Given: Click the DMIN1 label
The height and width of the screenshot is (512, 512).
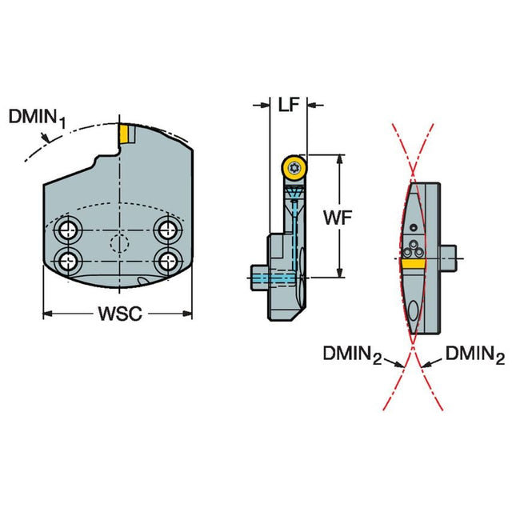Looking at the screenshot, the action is [38, 119].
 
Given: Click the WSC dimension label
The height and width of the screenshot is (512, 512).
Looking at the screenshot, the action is [121, 314].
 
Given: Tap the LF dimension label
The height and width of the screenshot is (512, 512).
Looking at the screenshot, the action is [289, 105].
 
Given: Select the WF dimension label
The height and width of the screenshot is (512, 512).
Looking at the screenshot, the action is [338, 218].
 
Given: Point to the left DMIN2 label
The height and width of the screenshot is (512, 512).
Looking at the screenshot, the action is [352, 354].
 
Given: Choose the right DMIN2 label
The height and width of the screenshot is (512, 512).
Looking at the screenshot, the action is [475, 354].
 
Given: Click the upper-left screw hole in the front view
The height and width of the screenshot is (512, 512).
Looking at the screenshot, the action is [68, 231].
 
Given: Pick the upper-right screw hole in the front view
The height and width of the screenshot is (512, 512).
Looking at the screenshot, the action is [168, 230].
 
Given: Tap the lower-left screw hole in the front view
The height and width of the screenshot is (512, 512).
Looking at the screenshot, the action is [68, 262].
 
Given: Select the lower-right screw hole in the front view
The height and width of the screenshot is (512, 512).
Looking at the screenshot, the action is [168, 262].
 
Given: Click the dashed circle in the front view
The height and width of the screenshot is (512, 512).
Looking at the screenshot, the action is [119, 243].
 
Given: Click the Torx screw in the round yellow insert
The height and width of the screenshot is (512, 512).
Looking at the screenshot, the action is [294, 168].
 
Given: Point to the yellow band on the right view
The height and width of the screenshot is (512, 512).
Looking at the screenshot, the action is [414, 263].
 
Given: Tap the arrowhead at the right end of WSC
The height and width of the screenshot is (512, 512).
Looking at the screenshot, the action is [187, 314].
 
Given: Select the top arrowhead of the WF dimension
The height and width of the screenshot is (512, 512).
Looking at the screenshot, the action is [340, 159].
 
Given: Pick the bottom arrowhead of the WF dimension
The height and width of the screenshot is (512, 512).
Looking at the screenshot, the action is [340, 273].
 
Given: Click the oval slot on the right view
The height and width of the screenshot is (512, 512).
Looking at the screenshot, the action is [413, 310].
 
